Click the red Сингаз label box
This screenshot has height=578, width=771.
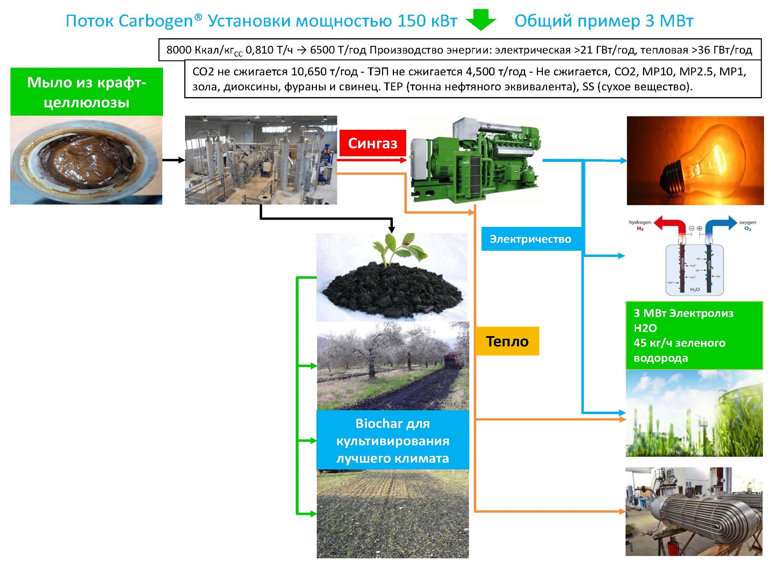(x=372, y=143)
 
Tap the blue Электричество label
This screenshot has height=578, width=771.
(x=530, y=239)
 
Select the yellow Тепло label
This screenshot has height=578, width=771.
(x=507, y=341)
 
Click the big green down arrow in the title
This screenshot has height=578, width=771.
(x=481, y=20)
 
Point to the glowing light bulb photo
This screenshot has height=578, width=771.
(x=695, y=160)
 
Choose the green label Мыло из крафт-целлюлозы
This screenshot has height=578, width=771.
(x=86, y=92)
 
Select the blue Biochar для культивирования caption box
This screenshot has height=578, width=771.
(x=392, y=440)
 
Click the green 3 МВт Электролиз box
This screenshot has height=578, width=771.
(x=694, y=335)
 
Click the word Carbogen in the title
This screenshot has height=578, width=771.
(x=155, y=21)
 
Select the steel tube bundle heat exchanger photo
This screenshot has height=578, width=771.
(x=694, y=512)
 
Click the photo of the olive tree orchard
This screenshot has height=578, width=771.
(x=392, y=366)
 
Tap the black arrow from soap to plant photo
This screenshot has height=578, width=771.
(x=173, y=160)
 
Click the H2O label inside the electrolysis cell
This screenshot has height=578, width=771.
(x=695, y=289)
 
